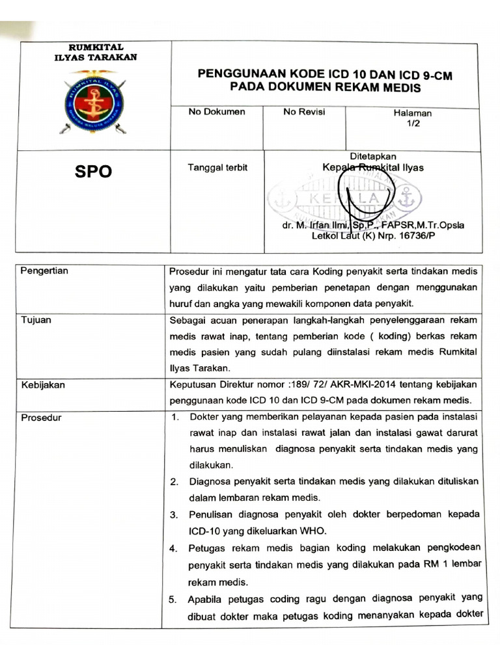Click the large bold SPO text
pyautogui.click(x=93, y=171)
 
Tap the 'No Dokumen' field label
pyautogui.click(x=217, y=112)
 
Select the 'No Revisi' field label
pyautogui.click(x=304, y=112)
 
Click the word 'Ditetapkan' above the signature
pyautogui.click(x=373, y=156)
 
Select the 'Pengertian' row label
pyautogui.click(x=45, y=270)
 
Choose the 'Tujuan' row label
pyautogui.click(x=36, y=319)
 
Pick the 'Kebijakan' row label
pyautogui.click(x=42, y=384)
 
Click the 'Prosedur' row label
pyautogui.click(x=41, y=417)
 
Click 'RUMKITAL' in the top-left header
pyautogui.click(x=95, y=47)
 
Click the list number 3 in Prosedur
pyautogui.click(x=174, y=514)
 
